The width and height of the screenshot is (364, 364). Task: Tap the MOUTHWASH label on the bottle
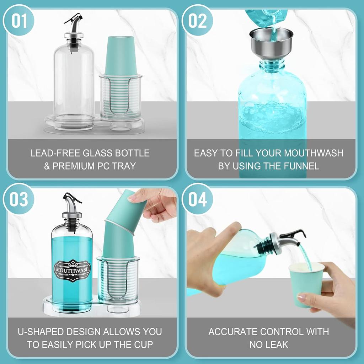72,269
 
